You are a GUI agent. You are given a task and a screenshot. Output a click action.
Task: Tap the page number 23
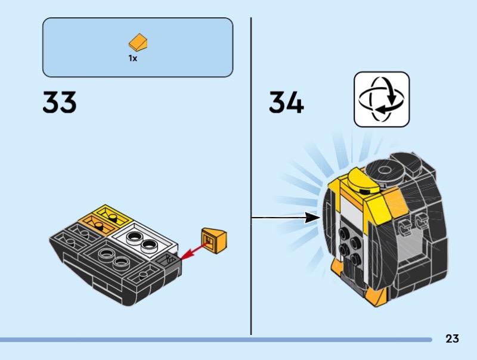tap(452, 339)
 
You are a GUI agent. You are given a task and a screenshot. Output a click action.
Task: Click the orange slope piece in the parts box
tap(138, 43)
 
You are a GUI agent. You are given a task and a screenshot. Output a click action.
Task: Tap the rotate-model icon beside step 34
tap(382, 99)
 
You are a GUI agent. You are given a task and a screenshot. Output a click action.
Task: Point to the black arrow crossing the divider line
tap(286, 218)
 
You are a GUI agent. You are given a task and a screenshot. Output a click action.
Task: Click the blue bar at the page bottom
tap(215, 339)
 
